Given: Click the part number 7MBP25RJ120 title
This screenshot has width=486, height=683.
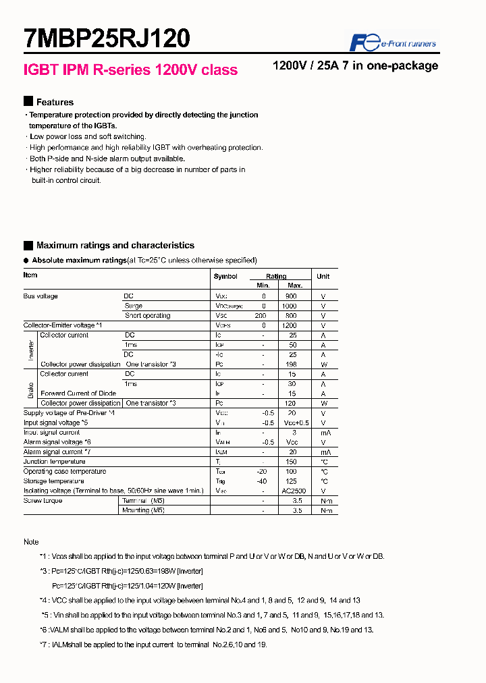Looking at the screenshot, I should coord(107,39).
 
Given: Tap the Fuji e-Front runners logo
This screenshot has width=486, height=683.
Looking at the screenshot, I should coord(392,43).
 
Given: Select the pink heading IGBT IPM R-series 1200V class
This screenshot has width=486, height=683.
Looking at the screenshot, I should coord(130,70).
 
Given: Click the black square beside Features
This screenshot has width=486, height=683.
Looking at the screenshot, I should coord(28,101).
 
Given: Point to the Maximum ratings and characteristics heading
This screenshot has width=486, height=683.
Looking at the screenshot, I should coord(115,246).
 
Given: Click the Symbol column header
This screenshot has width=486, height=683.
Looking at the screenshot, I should coord(225,277).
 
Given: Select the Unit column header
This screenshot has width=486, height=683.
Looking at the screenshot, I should coord(323,276).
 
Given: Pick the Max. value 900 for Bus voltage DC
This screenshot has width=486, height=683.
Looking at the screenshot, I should coord(291,296).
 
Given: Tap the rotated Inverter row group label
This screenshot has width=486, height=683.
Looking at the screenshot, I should coord(31,350).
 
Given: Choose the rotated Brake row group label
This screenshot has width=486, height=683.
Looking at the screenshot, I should coord(31,388).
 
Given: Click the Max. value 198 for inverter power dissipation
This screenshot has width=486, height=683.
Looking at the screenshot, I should coord(291,364).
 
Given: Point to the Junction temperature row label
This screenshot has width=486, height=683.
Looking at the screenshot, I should coord(54,462).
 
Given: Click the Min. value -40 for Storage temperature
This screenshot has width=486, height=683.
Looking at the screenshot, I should coord(263,481).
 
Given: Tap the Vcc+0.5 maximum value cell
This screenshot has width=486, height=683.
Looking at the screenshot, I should coord(295,422).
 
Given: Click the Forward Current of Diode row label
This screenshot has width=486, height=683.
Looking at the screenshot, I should coord(78,393).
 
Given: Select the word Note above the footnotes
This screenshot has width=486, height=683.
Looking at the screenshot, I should coord(31,542).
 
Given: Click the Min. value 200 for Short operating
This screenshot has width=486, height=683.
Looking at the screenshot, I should coord(261,316).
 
